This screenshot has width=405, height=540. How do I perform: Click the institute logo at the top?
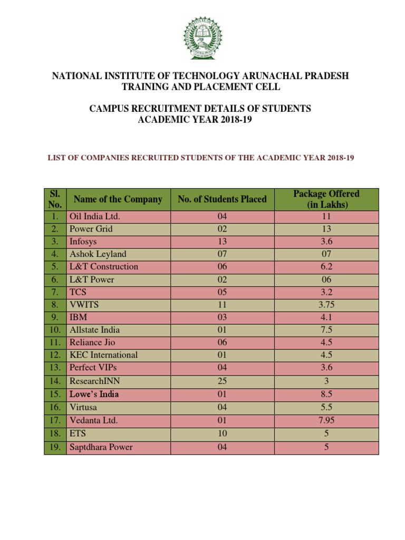tap(202, 38)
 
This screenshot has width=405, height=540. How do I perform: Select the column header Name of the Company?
tap(118, 199)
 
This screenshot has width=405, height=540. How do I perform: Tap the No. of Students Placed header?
tap(222, 199)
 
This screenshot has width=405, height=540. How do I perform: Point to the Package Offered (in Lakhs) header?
tap(326, 199)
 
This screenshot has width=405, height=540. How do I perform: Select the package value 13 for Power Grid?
tap(326, 229)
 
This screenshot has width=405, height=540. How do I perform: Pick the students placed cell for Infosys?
tap(222, 242)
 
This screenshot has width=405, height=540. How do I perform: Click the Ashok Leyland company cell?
tap(98, 254)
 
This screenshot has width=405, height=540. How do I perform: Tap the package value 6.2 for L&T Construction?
tap(326, 267)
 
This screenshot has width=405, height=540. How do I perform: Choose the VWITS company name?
tap(84, 305)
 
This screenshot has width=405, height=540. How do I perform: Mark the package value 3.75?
tap(326, 305)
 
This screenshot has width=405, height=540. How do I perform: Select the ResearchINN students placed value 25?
tap(222, 380)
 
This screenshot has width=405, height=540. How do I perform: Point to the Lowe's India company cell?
tap(94, 394)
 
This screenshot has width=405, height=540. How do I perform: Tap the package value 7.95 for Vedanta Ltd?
tap(326, 421)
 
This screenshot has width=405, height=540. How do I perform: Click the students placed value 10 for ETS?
tap(222, 434)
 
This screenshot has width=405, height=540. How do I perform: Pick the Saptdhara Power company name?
tap(101, 447)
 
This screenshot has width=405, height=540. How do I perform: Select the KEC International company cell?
tap(104, 355)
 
